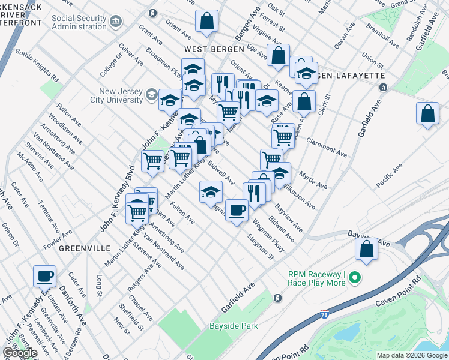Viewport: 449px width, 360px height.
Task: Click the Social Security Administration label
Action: point(79,23)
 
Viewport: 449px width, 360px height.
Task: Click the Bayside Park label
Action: point(234,326)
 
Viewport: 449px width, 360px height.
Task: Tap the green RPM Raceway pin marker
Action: point(354,277)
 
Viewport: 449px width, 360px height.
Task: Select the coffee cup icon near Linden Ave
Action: point(44,277)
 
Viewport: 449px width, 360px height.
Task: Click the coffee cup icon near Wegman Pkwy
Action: point(237,210)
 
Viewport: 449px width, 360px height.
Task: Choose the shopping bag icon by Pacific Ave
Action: point(426,113)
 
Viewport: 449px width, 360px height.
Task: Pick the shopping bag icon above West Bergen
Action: point(206,22)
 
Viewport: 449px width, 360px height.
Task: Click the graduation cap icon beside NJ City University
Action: point(170,100)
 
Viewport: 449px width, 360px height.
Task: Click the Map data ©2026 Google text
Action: point(411,355)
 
